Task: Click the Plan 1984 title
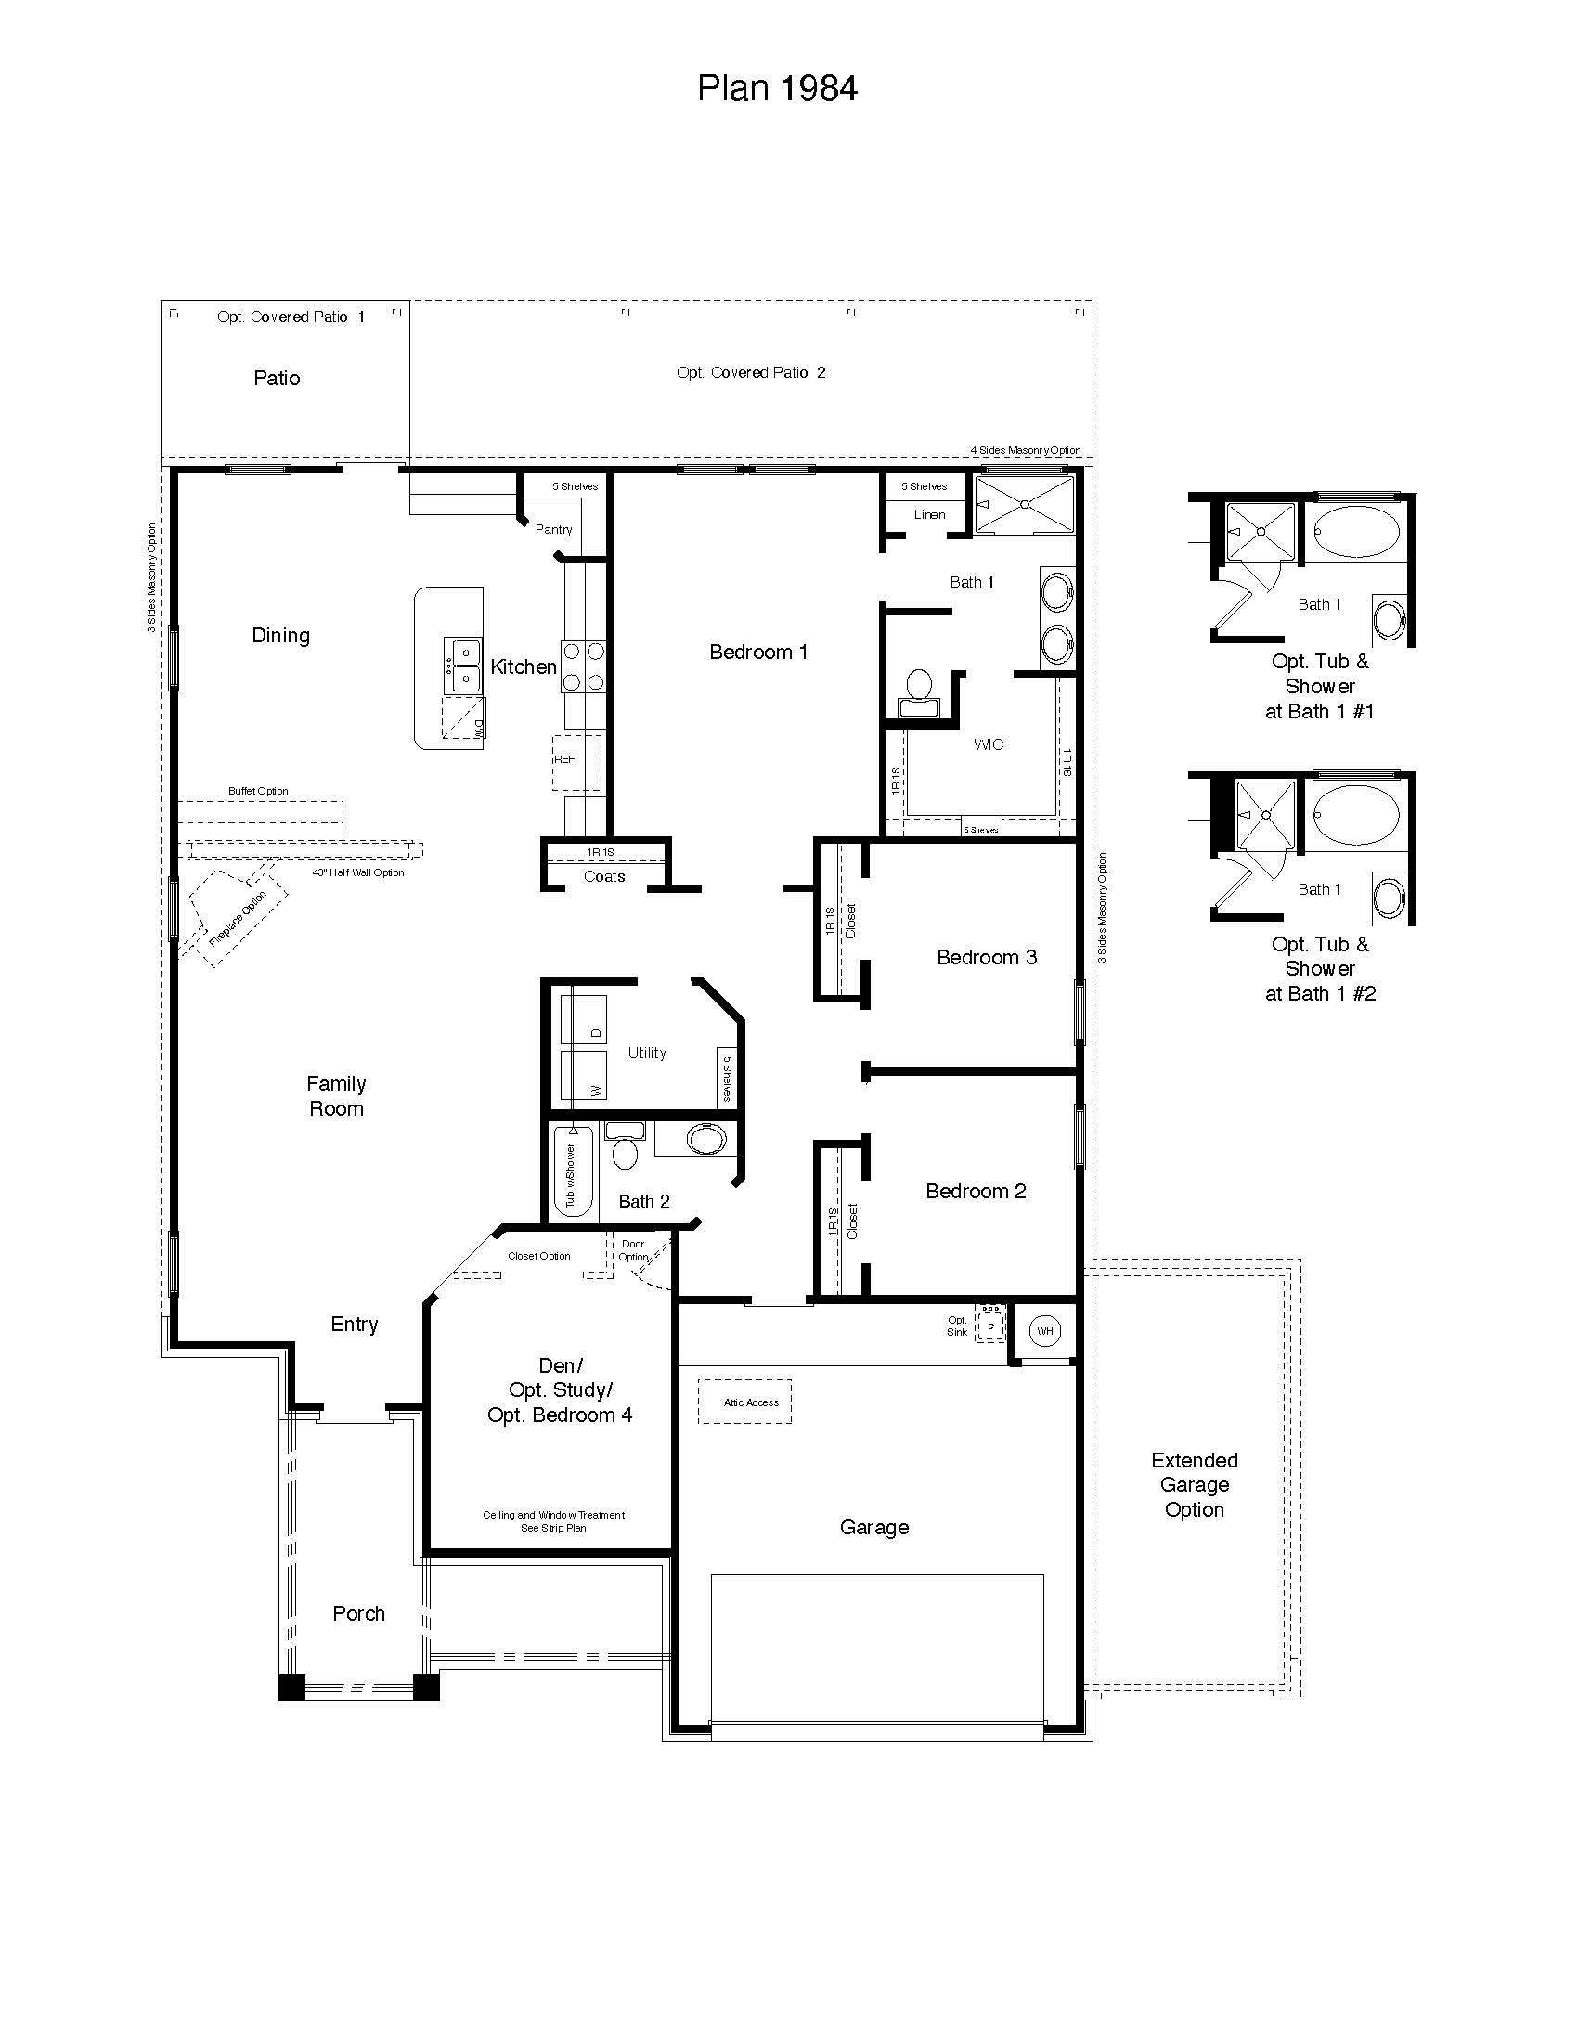pos(777,88)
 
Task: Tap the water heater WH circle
pos(1044,1330)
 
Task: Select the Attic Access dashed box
pos(745,1402)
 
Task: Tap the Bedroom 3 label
pos(986,956)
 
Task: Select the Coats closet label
pos(604,876)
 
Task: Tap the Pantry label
pos(553,529)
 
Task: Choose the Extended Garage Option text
pos(1194,1484)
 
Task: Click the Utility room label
pos(647,1053)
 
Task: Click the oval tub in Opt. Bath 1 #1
pos(1356,532)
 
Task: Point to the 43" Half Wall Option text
pos(358,872)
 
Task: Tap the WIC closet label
pos(989,744)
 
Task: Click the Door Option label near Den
pos(633,1250)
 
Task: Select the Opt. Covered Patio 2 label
pos(751,372)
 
